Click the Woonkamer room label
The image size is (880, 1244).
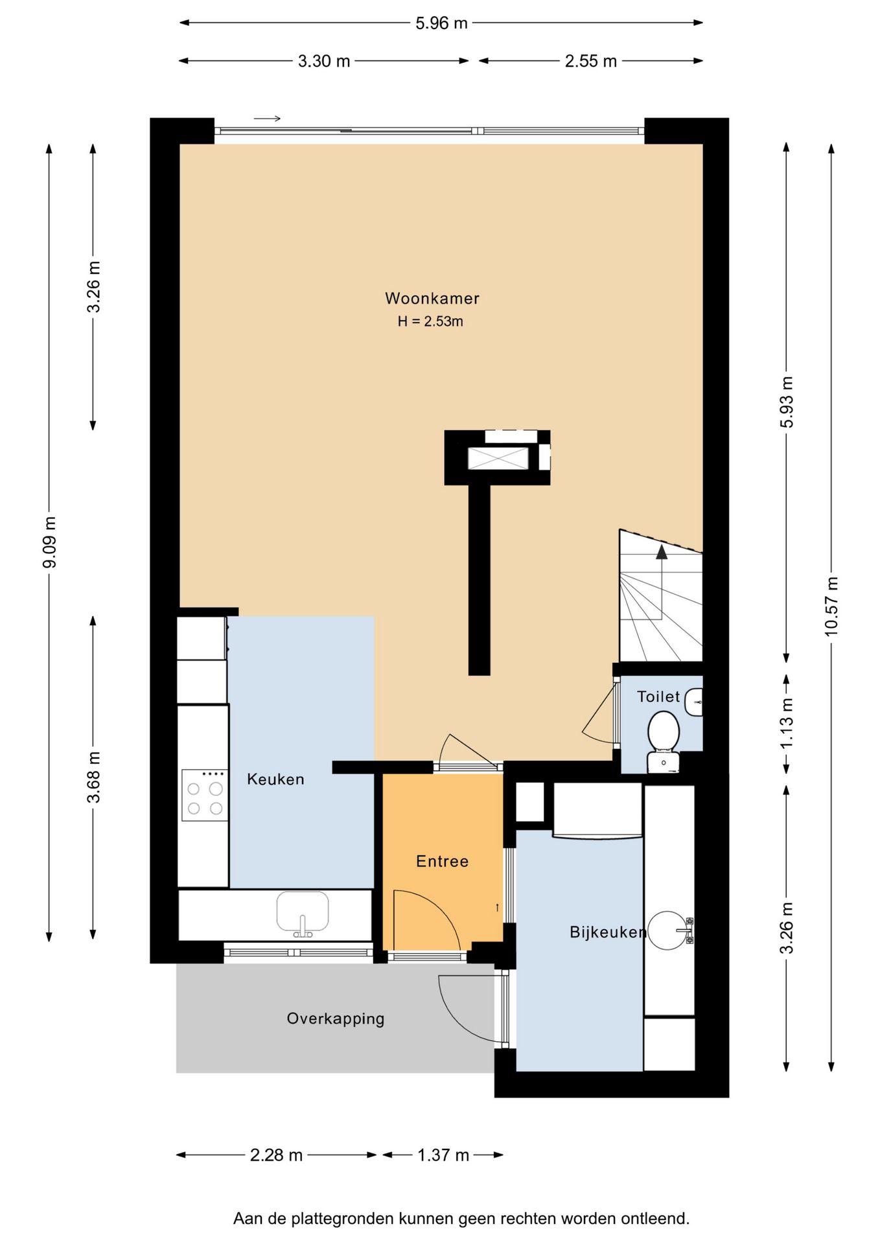tap(432, 299)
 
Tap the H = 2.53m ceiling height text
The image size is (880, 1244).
tap(430, 321)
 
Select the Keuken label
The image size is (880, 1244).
tap(275, 779)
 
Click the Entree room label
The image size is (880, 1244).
tap(442, 862)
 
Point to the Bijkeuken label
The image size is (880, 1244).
tap(608, 932)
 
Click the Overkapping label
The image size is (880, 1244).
tap(336, 1019)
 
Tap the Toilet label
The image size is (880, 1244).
tap(658, 697)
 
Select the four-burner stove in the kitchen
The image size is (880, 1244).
tap(205, 796)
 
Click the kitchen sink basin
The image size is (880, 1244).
tap(303, 914)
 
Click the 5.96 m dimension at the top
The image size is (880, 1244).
tap(441, 23)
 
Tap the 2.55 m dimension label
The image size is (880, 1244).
tap(590, 62)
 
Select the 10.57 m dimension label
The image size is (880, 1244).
tap(831, 606)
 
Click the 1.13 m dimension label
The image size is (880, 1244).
tap(787, 723)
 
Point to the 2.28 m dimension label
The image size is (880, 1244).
tap(276, 1155)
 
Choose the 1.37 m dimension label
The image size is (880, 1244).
tap(443, 1155)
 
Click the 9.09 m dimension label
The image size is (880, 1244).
tap(49, 542)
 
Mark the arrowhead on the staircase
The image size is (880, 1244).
tap(662, 552)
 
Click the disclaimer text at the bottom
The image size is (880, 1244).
tap(461, 1219)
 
